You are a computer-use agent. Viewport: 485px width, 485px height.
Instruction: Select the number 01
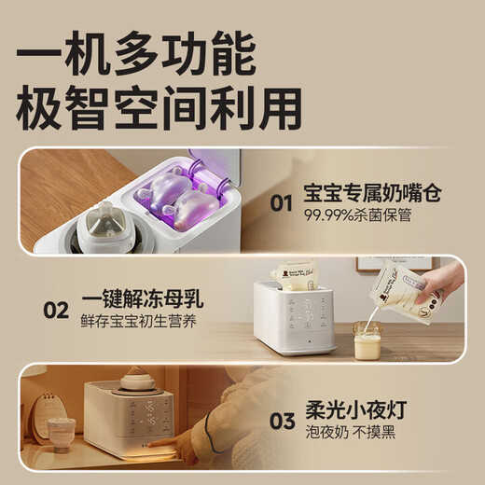tap(283, 202)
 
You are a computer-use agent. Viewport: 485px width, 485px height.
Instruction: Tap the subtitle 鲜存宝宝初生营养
tap(140, 324)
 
